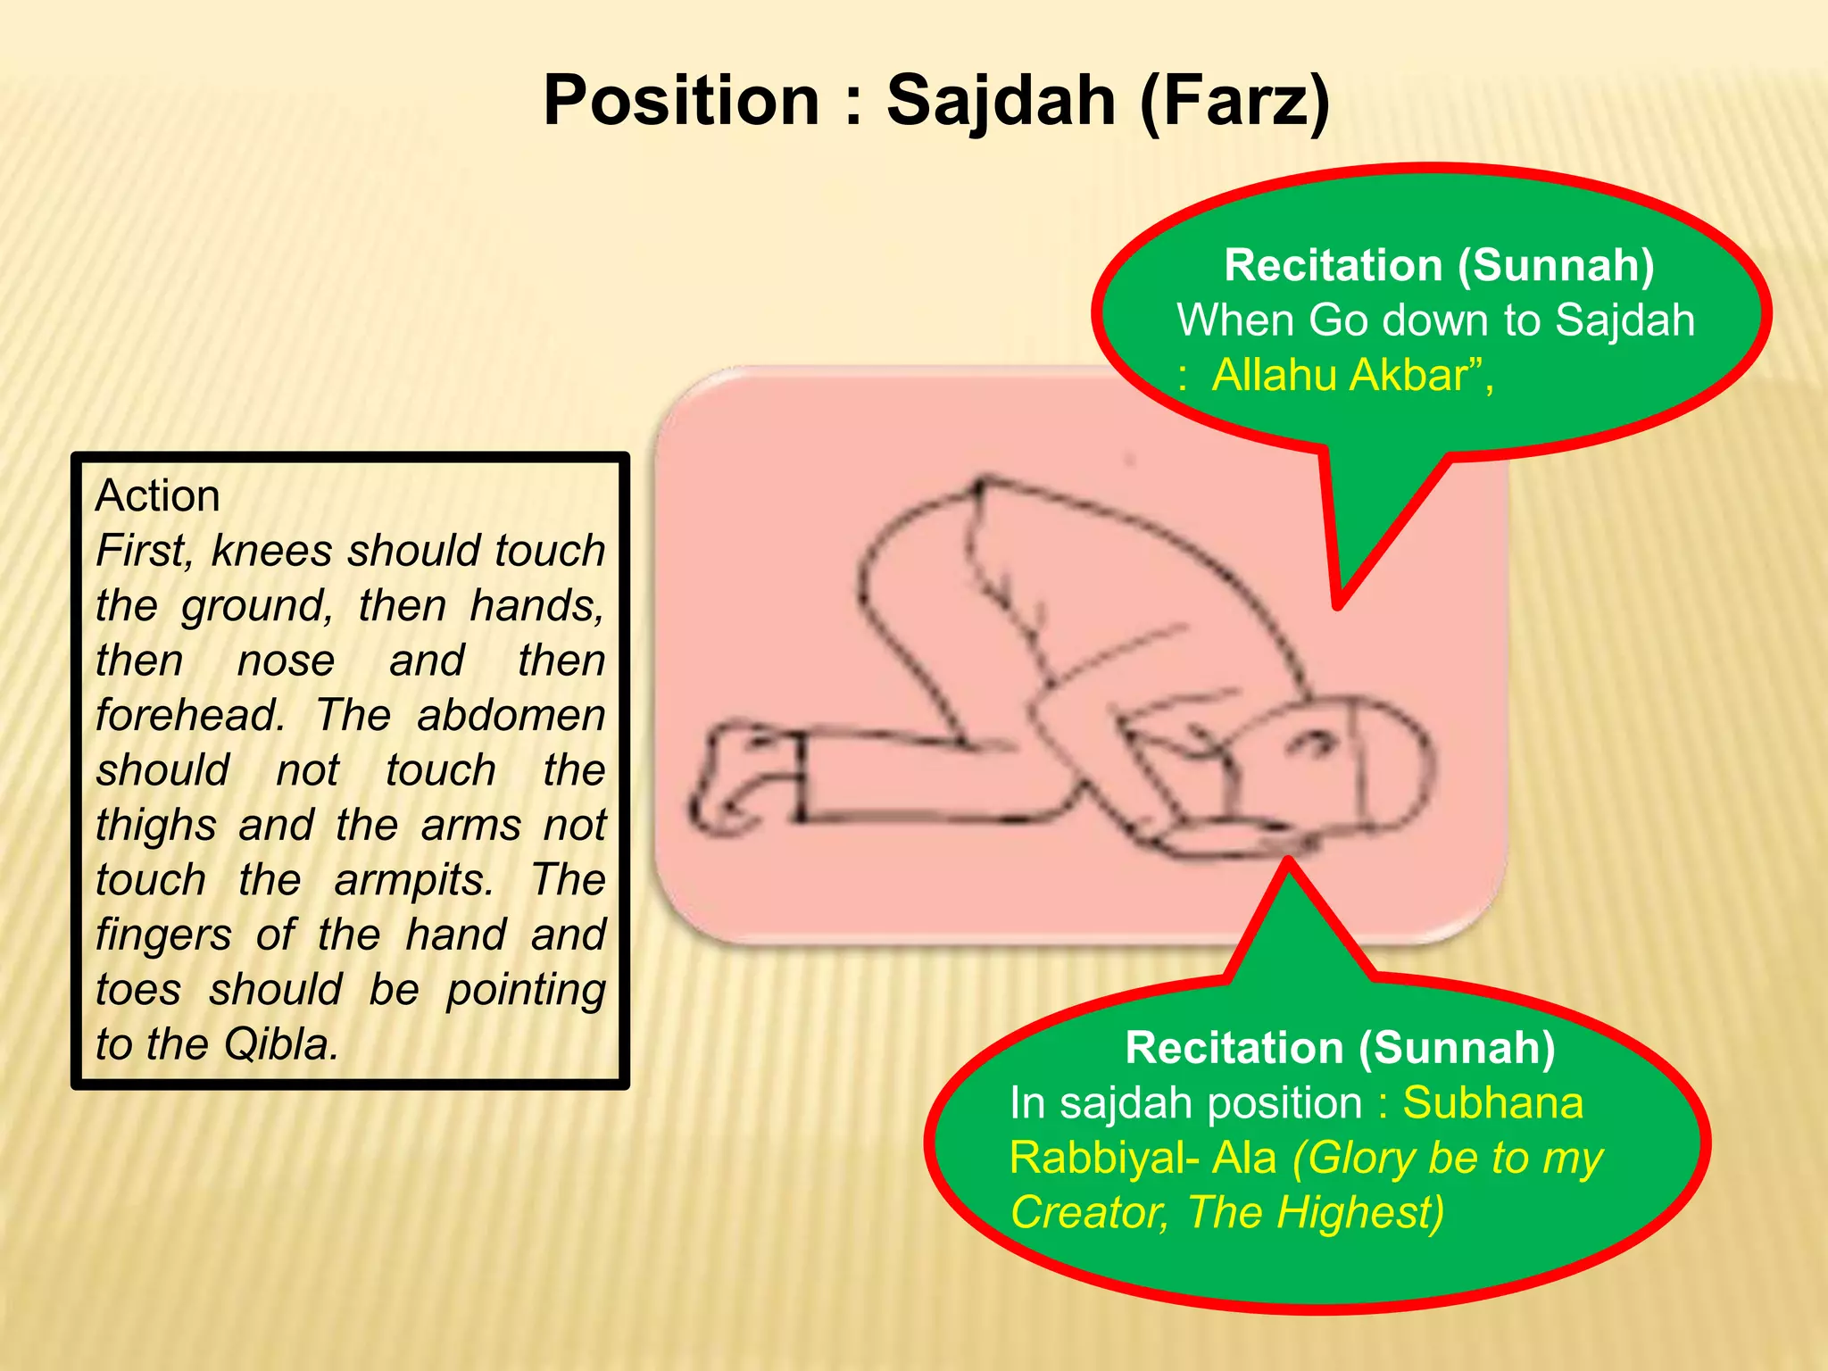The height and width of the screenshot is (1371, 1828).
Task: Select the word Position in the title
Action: (x=681, y=100)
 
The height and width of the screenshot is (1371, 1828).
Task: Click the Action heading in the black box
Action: (x=157, y=495)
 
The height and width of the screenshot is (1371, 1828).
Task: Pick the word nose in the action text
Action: (x=286, y=661)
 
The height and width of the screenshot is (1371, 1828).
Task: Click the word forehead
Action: (x=189, y=715)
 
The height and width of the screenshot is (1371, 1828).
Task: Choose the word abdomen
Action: (x=511, y=715)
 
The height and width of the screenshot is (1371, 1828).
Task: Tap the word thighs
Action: (x=156, y=826)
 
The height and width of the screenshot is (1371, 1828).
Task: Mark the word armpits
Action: (x=413, y=880)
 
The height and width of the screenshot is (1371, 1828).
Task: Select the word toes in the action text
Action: (x=138, y=990)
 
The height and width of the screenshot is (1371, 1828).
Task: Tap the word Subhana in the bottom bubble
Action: (x=1492, y=1103)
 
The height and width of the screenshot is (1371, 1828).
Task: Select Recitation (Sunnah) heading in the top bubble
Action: (x=1439, y=266)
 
